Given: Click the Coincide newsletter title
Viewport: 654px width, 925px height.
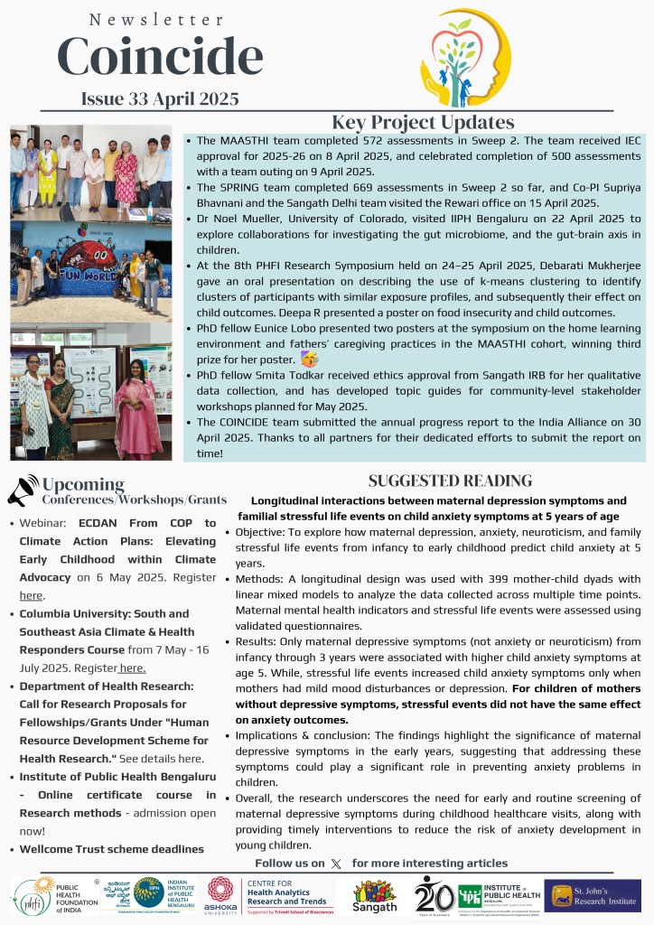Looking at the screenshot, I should pyautogui.click(x=160, y=56).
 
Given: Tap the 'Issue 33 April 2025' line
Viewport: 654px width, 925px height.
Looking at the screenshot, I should pyautogui.click(x=160, y=98).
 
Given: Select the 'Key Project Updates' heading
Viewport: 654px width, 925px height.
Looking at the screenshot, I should pyautogui.click(x=423, y=123).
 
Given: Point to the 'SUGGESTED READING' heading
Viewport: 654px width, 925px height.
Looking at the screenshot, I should pyautogui.click(x=450, y=481).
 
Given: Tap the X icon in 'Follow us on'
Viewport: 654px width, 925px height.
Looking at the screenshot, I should pyautogui.click(x=337, y=864).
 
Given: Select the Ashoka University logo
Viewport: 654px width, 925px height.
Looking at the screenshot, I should pyautogui.click(x=220, y=894).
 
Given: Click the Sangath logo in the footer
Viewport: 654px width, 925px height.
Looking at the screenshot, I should pyautogui.click(x=374, y=894).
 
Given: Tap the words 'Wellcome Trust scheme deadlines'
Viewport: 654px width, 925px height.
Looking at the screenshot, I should pyautogui.click(x=112, y=848).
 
